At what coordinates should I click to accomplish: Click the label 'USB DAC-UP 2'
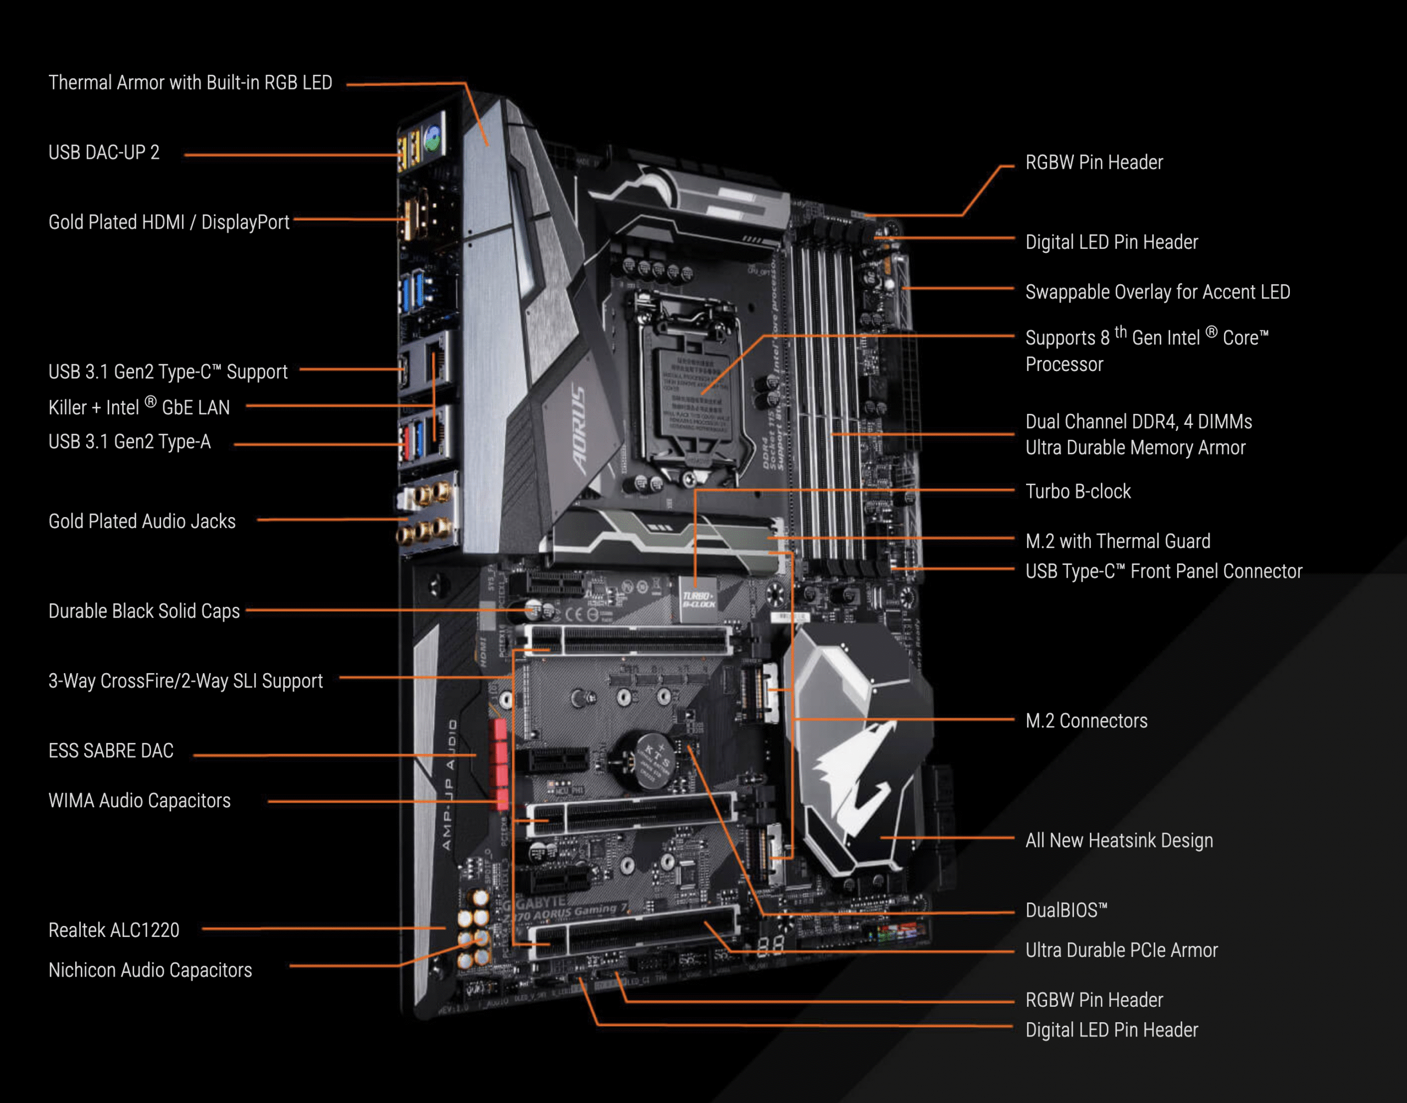pos(104,152)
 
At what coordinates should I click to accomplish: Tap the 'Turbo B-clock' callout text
pos(1078,491)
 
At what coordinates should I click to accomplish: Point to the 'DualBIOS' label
pos(1066,910)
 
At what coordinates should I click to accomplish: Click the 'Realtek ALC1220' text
pos(114,930)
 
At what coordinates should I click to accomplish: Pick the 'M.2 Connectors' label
pos(1086,720)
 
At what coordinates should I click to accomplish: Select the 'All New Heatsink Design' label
pos(1119,840)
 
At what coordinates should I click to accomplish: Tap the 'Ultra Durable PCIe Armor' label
pos(1121,950)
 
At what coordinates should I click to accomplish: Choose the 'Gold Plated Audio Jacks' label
pos(142,521)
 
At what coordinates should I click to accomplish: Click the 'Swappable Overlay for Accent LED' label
pos(1157,292)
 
